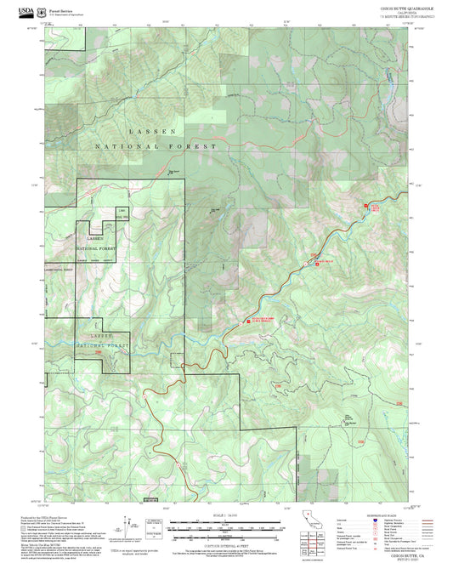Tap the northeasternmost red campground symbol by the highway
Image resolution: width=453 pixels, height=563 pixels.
tap(367, 206)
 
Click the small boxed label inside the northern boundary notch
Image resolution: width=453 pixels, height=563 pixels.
tap(122, 211)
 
